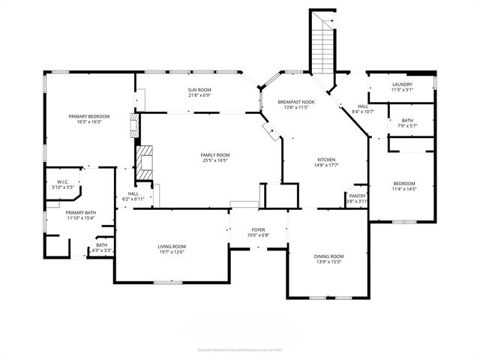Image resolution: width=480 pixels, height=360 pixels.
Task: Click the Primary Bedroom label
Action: (x=89, y=116)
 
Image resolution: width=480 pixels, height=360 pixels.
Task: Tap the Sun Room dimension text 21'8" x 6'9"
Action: (x=199, y=96)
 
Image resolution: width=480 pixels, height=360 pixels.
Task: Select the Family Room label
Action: (x=214, y=154)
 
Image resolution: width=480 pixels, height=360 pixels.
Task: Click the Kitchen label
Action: (x=325, y=160)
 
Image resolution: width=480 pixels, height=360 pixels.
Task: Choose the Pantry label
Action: (x=357, y=196)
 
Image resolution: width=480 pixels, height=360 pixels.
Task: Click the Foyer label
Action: (x=258, y=230)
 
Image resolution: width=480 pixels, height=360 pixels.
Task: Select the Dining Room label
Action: (x=328, y=256)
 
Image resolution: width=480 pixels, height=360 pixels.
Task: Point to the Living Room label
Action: (x=172, y=247)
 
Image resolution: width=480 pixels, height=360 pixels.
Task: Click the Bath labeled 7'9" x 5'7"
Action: (x=406, y=120)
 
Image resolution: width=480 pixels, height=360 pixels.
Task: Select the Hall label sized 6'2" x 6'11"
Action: (x=133, y=194)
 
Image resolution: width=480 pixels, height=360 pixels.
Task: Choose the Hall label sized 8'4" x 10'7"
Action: (x=363, y=107)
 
